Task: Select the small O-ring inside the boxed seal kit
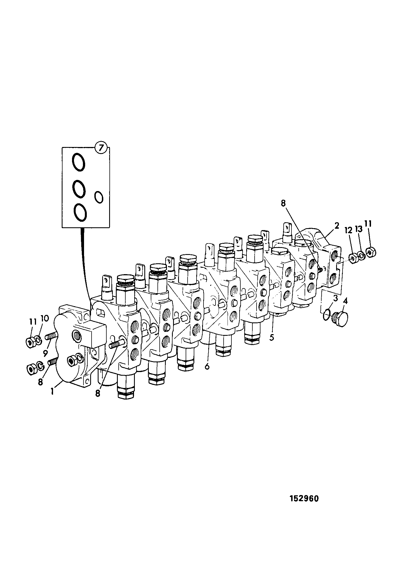pyautogui.click(x=99, y=197)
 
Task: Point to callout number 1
pyautogui.click(x=52, y=392)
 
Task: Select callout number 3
pyautogui.click(x=336, y=298)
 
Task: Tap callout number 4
pyautogui.click(x=345, y=301)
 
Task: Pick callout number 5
pyautogui.click(x=272, y=337)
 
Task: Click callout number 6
pyautogui.click(x=207, y=366)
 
